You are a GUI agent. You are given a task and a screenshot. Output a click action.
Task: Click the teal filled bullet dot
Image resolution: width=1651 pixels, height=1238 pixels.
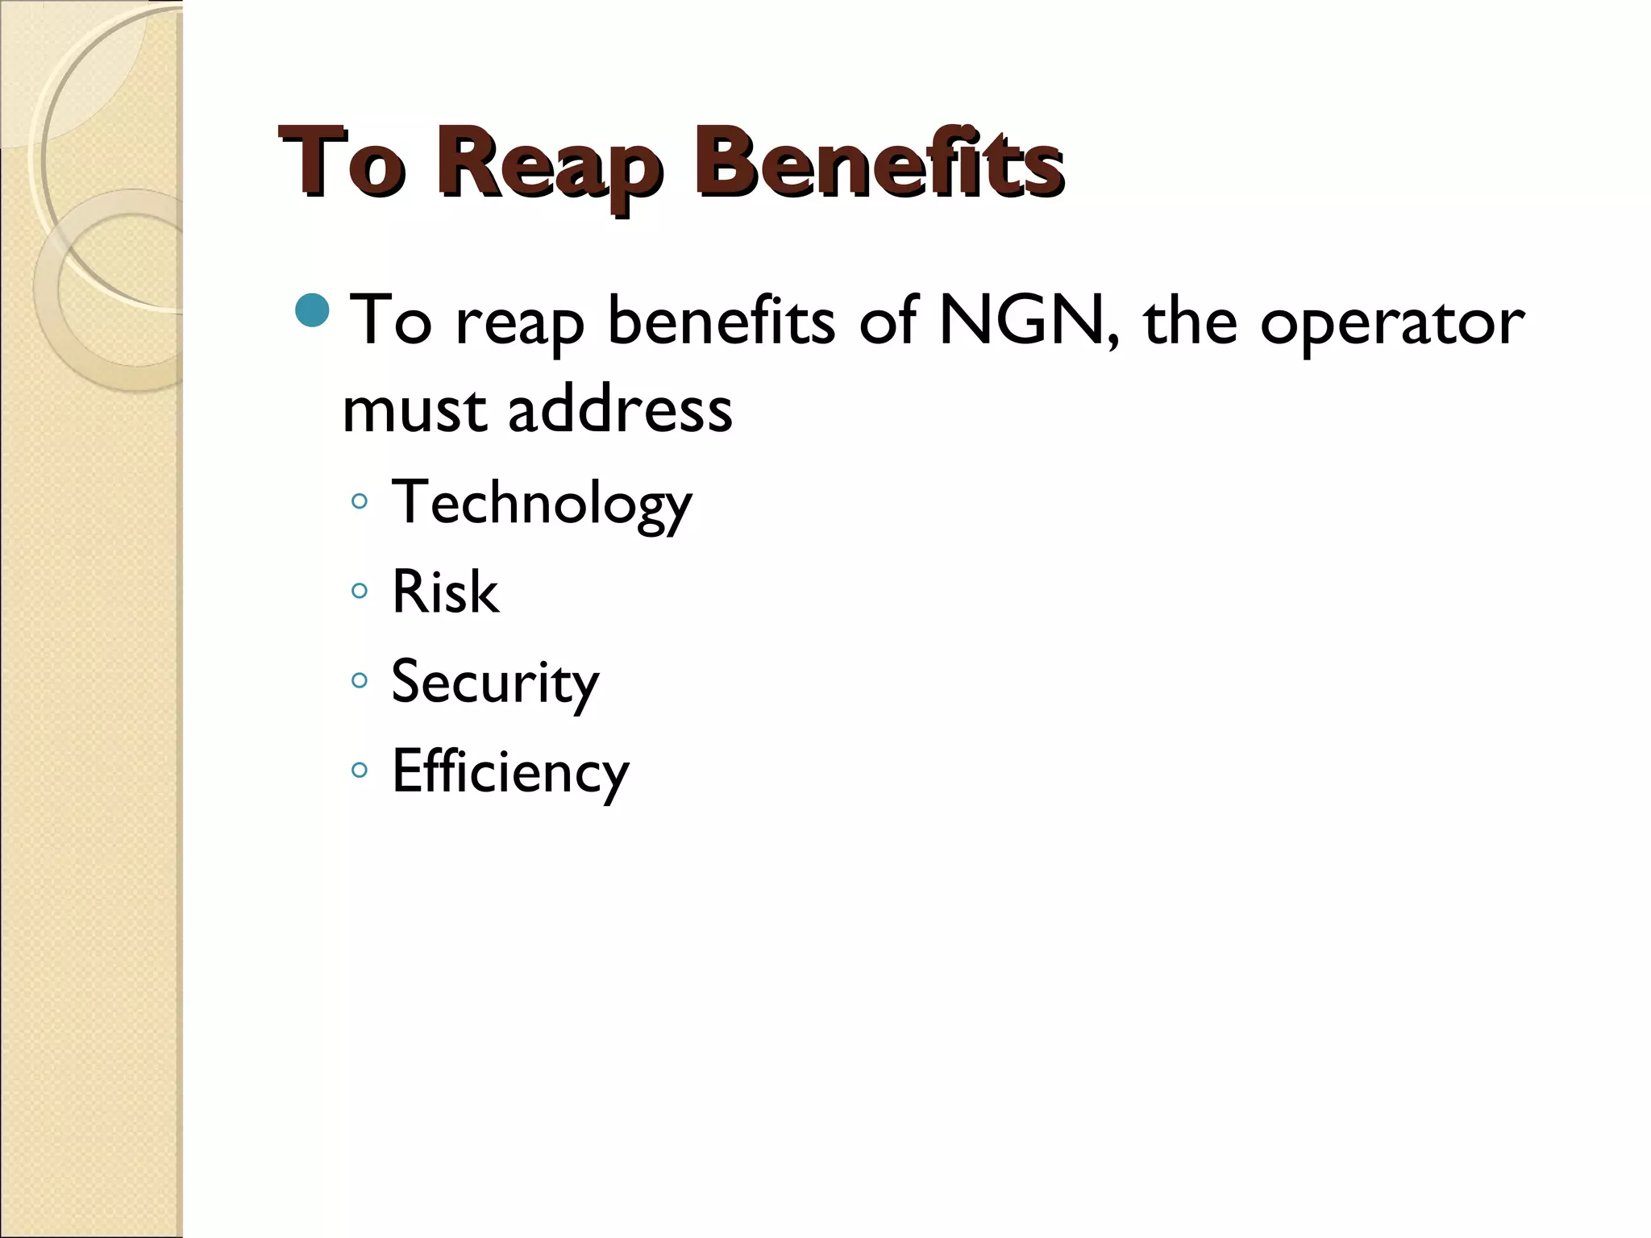coord(312,310)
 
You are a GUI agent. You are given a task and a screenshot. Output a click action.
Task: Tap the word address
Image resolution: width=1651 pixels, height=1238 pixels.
coord(620,409)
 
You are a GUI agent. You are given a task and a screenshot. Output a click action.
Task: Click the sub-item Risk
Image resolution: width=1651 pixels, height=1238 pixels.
coord(445,592)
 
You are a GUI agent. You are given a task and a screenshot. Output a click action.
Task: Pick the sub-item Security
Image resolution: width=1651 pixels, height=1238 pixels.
coord(495,683)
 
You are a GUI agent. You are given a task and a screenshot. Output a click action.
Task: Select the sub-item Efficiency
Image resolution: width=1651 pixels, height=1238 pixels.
coord(509,772)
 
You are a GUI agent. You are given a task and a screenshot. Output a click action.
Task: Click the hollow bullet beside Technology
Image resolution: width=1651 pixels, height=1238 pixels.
coord(360,502)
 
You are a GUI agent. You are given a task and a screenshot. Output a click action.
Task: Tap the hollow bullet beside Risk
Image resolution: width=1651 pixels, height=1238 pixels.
coord(360,592)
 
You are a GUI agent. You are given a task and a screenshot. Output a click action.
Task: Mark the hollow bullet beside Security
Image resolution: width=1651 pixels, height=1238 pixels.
coord(360,681)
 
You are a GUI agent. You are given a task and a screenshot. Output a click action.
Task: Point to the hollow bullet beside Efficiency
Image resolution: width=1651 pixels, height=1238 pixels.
coord(360,771)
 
